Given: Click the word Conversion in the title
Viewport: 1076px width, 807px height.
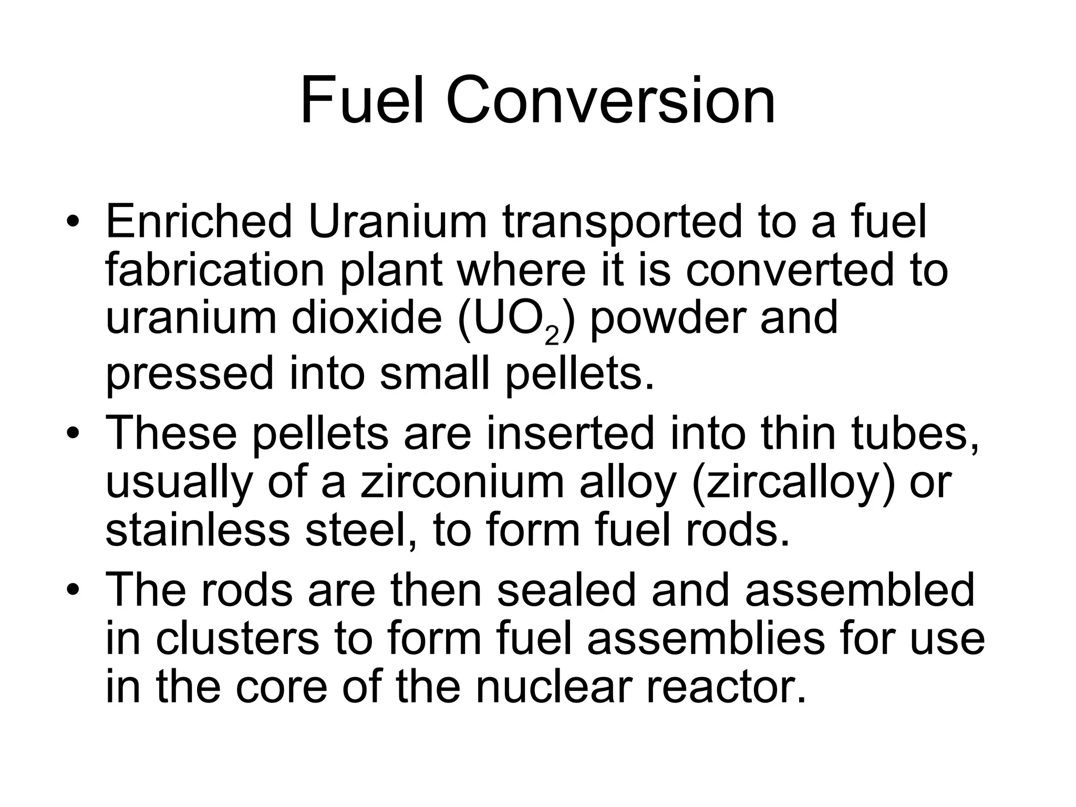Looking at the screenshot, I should click(x=611, y=100).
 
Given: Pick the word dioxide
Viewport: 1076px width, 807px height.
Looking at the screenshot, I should click(x=367, y=318).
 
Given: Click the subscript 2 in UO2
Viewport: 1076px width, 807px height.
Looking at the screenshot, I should click(x=552, y=336).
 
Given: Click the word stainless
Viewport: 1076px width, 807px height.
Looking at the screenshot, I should click(x=198, y=531).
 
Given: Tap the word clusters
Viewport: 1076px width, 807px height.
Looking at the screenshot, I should click(x=237, y=638).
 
